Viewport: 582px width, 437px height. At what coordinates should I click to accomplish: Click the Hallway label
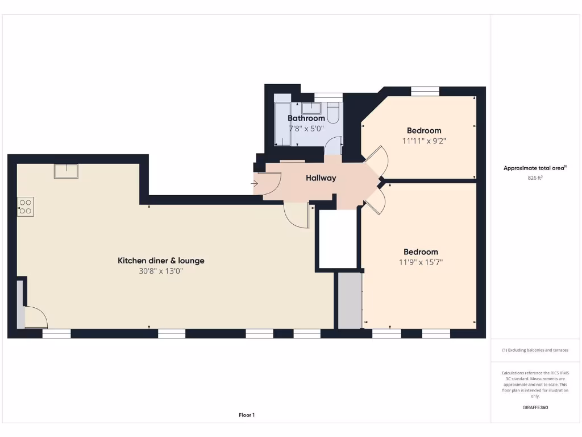pyautogui.click(x=321, y=178)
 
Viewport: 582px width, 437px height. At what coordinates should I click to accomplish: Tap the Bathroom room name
pyautogui.click(x=306, y=118)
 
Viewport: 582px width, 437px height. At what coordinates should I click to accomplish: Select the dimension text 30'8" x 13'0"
pyautogui.click(x=161, y=271)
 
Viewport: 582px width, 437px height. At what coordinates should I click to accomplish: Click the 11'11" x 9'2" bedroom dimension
pyautogui.click(x=423, y=141)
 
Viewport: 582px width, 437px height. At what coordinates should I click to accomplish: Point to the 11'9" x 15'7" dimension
pyautogui.click(x=421, y=262)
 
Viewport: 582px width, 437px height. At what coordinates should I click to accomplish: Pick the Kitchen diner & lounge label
pyautogui.click(x=161, y=261)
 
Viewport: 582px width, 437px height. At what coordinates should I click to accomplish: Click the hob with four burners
pyautogui.click(x=26, y=206)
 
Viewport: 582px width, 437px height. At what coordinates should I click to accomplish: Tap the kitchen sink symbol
pyautogui.click(x=66, y=171)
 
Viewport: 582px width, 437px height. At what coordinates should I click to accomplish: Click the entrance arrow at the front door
pyautogui.click(x=253, y=183)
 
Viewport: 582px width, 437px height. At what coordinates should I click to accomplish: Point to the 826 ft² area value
pyautogui.click(x=535, y=178)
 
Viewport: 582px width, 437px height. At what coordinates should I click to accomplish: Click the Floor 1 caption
pyautogui.click(x=247, y=415)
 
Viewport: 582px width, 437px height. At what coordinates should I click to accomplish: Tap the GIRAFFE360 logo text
pyautogui.click(x=535, y=407)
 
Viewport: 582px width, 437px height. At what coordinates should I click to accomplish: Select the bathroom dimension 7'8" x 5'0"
pyautogui.click(x=306, y=129)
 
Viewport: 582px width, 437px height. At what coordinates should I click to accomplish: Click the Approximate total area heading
pyautogui.click(x=535, y=168)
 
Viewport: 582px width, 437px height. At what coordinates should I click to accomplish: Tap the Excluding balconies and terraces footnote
pyautogui.click(x=535, y=350)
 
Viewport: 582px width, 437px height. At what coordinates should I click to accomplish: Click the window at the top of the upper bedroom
pyautogui.click(x=425, y=90)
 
